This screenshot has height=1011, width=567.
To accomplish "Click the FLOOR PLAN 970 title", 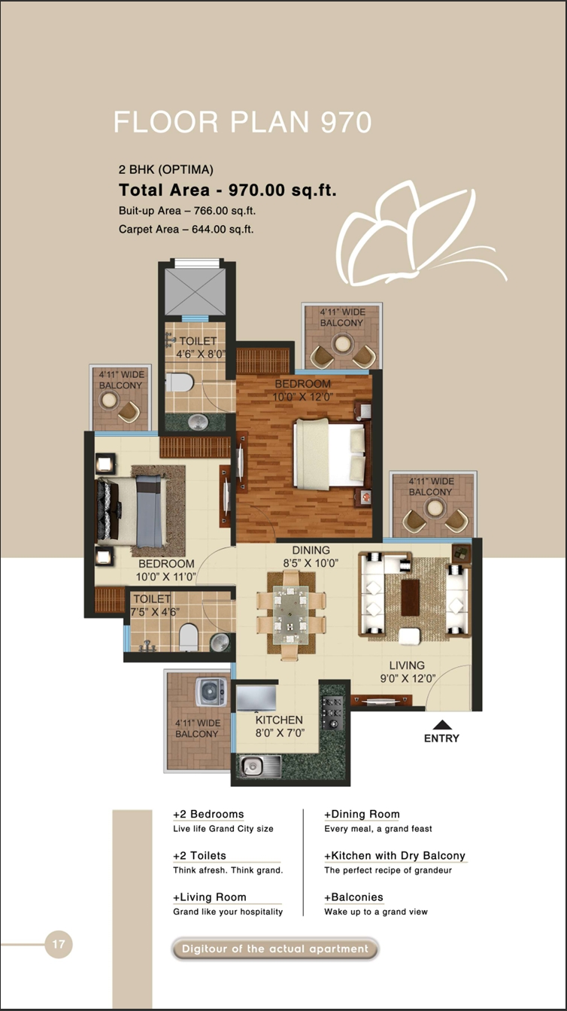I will pos(242,122).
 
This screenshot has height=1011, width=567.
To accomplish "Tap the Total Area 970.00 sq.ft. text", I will pos(227,190).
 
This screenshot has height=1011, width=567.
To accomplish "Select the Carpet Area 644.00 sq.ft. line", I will pos(186,229).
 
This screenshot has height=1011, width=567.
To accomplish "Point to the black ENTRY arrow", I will pos(443,724).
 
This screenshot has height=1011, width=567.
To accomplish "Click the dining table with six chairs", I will pos(291,613).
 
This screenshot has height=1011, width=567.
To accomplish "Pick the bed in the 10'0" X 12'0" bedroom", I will pos(330,454).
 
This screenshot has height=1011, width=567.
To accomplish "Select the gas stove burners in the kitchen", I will pos(332,712).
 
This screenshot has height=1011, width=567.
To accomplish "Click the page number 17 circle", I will pos(59,943).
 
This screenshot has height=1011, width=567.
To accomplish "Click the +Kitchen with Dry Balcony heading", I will pos(395,856).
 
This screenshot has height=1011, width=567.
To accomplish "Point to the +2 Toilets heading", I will pos(199,856).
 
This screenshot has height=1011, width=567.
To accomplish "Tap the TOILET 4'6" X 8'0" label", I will pos(199,347).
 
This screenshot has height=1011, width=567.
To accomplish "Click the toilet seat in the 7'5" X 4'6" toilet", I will pos(188,639).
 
